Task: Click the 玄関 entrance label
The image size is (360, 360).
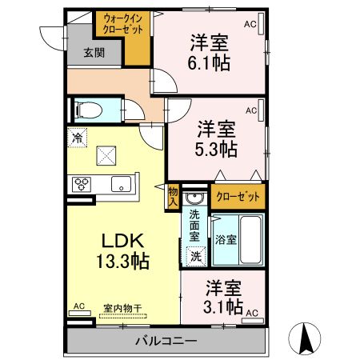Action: pyautogui.click(x=94, y=54)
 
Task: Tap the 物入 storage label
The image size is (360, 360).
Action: pyautogui.click(x=172, y=196)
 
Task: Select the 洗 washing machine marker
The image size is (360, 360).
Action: pyautogui.click(x=194, y=256)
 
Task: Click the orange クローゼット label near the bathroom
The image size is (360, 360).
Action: pyautogui.click(x=238, y=196)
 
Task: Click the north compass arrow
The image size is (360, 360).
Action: pyautogui.click(x=306, y=337)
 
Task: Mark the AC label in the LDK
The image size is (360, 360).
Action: pyautogui.click(x=79, y=306)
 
